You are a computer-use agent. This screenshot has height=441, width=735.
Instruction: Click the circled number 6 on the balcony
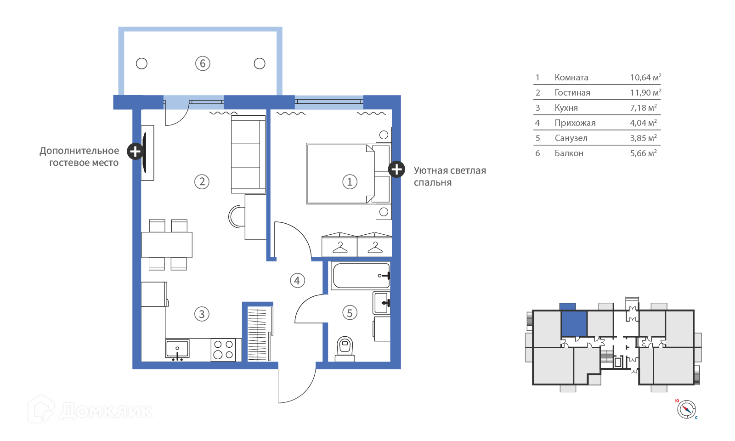point(203,63)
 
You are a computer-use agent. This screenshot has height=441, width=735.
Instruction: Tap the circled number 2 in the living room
point(202,181)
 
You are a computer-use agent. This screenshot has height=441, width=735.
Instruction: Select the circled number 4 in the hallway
point(297,281)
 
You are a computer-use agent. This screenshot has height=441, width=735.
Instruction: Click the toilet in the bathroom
point(345,349)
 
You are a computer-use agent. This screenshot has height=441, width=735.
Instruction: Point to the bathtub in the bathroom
point(361,276)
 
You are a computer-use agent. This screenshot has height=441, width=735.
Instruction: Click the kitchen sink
point(177,349)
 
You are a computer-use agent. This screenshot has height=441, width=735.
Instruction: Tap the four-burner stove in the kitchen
point(223,350)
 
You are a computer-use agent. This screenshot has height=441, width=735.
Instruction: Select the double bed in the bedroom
point(349,174)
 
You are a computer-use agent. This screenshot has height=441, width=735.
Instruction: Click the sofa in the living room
point(249,154)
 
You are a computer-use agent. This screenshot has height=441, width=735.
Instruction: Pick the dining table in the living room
point(167,245)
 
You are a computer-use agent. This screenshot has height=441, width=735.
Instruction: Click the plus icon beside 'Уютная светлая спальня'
point(397,170)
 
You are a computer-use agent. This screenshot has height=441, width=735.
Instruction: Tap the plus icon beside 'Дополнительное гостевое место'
point(136,151)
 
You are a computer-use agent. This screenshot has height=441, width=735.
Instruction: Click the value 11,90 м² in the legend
point(645,92)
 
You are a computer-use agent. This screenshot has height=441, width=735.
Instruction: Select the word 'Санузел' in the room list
point(571,138)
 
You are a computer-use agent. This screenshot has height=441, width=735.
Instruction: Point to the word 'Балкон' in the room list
point(569,153)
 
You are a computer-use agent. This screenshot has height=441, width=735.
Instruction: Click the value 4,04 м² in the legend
point(643,123)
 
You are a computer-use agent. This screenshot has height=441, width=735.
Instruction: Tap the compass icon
point(686,409)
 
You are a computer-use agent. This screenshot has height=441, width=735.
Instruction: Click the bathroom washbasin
point(382,303)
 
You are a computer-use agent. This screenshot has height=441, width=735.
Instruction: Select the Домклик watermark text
point(106,411)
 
